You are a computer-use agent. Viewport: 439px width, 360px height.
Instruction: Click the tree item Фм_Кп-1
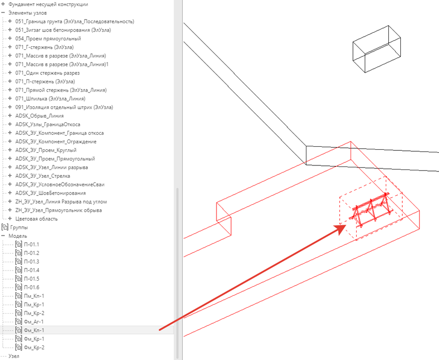tap(34, 330)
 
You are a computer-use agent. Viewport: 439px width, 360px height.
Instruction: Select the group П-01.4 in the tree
tap(32, 271)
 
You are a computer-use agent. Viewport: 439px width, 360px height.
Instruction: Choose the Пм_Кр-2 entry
tap(34, 313)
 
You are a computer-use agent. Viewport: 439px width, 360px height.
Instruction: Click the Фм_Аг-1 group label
tap(34, 322)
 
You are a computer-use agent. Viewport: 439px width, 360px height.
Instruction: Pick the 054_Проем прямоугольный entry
tap(48, 39)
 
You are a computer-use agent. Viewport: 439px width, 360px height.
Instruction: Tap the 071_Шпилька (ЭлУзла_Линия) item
tap(50, 99)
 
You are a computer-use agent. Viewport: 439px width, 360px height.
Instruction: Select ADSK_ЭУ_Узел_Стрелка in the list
tap(43, 176)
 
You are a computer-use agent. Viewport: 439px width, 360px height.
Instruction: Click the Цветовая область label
tap(36, 219)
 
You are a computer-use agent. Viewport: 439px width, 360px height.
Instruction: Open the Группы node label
tap(19, 227)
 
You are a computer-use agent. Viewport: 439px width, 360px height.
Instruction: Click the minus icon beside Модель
tap(3, 236)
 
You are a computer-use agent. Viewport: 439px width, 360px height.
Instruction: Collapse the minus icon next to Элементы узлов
tap(3, 13)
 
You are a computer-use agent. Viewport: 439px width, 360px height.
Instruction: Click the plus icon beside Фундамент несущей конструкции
tap(3, 4)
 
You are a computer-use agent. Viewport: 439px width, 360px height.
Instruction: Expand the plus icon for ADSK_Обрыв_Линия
tap(10, 116)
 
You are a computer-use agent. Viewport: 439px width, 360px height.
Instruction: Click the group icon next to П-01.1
tap(19, 244)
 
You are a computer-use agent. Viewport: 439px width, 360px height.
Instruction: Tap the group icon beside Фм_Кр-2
tap(19, 347)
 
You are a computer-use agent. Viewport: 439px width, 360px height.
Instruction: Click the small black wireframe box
tap(377, 49)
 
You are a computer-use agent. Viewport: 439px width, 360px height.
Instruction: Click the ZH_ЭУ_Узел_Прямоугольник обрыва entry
tap(58, 210)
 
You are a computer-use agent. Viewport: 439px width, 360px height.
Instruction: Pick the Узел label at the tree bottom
tap(14, 356)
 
